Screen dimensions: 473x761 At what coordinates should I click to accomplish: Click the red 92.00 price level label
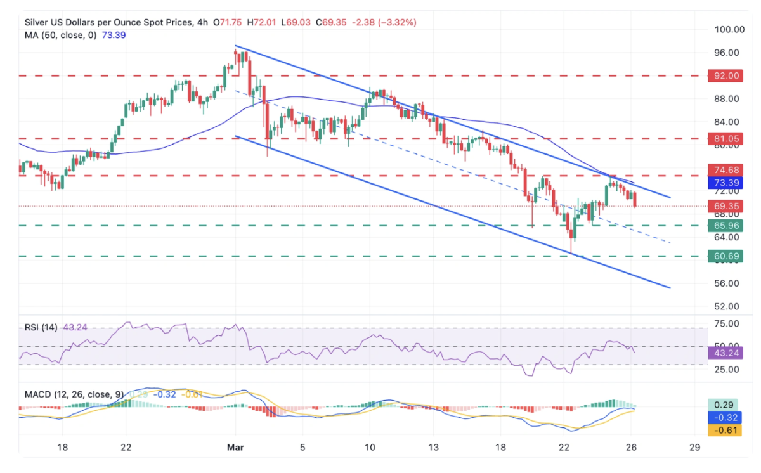tap(724, 75)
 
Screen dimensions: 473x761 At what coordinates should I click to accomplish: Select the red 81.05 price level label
tap(724, 138)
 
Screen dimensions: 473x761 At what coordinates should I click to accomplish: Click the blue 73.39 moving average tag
tap(724, 183)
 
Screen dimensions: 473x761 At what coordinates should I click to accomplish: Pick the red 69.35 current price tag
tap(724, 206)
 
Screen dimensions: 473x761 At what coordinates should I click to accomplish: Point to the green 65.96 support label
tap(724, 226)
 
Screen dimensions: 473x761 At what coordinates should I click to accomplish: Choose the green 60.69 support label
tap(724, 256)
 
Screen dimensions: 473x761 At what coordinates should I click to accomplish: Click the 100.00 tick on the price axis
tap(724, 30)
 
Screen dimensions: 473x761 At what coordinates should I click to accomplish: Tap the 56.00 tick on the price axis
tap(724, 283)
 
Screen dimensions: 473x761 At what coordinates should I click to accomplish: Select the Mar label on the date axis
tap(235, 447)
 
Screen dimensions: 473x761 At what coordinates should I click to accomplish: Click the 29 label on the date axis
tap(695, 447)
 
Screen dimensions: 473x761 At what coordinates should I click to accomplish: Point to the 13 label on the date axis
tap(433, 447)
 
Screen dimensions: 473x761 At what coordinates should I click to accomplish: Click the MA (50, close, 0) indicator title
tap(61, 36)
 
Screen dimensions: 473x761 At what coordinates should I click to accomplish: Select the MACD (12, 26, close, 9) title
tap(72, 394)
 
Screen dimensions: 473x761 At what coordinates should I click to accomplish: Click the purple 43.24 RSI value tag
tap(724, 353)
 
